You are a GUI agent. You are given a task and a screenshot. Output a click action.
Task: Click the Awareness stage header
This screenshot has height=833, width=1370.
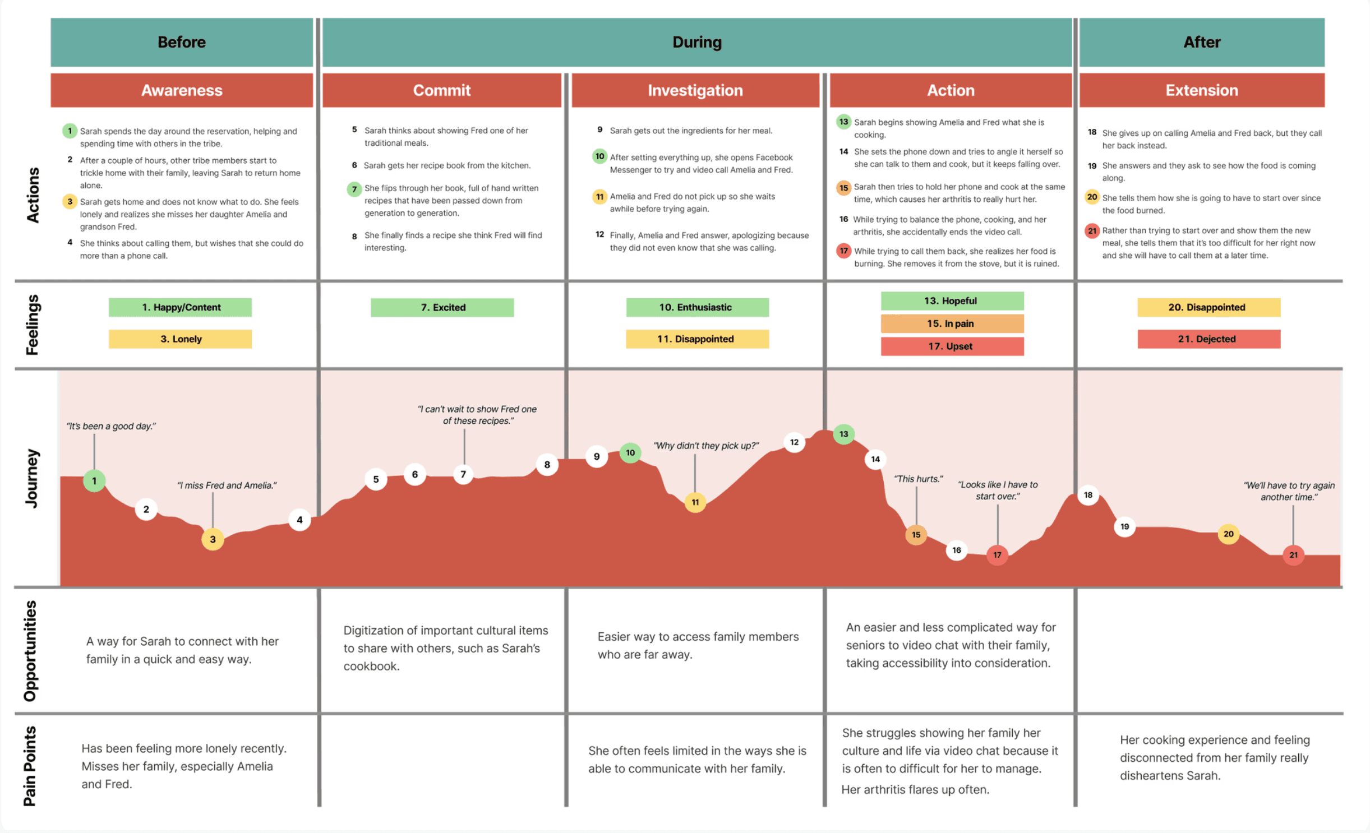coord(181,90)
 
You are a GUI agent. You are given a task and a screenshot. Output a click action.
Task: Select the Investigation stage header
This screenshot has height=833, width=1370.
coord(695,90)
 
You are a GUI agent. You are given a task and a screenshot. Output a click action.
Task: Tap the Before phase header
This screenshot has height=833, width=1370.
coord(181,42)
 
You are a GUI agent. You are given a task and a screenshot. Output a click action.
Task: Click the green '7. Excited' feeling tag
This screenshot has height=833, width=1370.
coord(442,307)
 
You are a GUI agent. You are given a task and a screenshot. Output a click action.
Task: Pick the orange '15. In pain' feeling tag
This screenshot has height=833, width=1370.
coord(952,323)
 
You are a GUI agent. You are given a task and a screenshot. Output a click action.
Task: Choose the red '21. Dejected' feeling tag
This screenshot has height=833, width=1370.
coord(1208,339)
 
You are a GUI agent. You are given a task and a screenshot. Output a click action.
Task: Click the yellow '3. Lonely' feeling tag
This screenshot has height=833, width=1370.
coord(180,339)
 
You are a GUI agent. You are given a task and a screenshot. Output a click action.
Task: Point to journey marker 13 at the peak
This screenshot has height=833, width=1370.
coord(843,434)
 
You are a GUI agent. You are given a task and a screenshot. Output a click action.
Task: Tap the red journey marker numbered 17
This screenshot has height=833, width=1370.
coord(997,555)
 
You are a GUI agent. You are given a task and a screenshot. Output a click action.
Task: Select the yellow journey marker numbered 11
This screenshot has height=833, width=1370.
coord(695,502)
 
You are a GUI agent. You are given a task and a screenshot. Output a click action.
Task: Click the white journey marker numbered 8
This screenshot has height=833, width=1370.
coord(547,465)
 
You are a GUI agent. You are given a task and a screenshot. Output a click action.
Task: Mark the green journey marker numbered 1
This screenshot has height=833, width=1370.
coord(94,480)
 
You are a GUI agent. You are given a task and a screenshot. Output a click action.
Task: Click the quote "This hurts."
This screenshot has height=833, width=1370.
coord(918,479)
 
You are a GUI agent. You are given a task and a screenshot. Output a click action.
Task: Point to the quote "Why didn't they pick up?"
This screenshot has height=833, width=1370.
coord(705,446)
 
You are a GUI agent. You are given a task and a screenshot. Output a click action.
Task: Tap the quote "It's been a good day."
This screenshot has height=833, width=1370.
coord(111,426)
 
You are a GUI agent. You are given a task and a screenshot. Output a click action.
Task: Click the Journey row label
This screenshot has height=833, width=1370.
coord(32,478)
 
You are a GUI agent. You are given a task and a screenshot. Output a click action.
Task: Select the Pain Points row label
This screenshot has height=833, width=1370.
coord(30,766)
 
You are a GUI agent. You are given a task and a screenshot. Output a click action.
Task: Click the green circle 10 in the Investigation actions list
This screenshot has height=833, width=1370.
coord(599,156)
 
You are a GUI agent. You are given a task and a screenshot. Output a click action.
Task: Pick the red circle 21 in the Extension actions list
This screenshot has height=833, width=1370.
coord(1091,230)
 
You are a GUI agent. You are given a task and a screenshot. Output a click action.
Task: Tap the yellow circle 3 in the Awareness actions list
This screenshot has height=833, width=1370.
coord(70,201)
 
